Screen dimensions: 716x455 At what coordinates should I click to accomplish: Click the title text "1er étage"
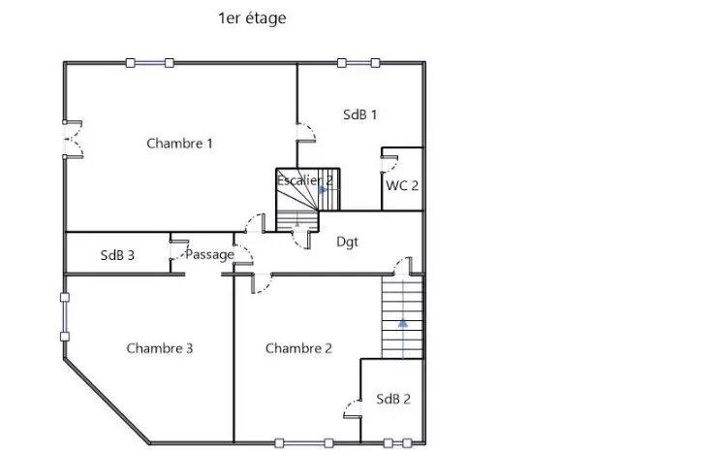tap(252, 18)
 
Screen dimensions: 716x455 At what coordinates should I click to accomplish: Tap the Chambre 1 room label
tap(179, 144)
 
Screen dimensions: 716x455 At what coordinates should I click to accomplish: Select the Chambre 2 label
tap(298, 348)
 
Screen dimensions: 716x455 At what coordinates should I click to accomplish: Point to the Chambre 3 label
tap(160, 348)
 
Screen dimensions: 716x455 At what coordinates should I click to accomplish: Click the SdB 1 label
tap(360, 114)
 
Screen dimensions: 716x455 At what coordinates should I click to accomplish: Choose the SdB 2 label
tap(393, 399)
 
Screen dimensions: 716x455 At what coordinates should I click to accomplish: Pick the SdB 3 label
tap(117, 255)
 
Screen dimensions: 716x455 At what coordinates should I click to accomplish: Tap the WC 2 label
tap(402, 185)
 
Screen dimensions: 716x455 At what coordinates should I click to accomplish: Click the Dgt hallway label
tap(347, 242)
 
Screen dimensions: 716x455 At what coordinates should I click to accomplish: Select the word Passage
tap(209, 255)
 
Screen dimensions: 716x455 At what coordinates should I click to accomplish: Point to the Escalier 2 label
tap(304, 180)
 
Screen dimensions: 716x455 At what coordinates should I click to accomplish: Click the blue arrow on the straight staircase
tap(403, 339)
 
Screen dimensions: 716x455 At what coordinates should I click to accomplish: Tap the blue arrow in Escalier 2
tap(323, 190)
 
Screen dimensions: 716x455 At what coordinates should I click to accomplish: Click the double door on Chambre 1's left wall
tap(73, 140)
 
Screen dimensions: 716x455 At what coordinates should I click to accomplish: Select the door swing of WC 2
tap(389, 165)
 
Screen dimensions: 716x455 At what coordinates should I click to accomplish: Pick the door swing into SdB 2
tap(353, 408)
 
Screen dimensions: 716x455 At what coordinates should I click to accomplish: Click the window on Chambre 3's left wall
tap(65, 317)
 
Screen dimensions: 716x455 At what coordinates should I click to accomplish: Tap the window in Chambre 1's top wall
tap(150, 63)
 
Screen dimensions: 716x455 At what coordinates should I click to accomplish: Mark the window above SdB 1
tap(358, 63)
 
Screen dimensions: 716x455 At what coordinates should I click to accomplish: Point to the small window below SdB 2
tap(397, 442)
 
